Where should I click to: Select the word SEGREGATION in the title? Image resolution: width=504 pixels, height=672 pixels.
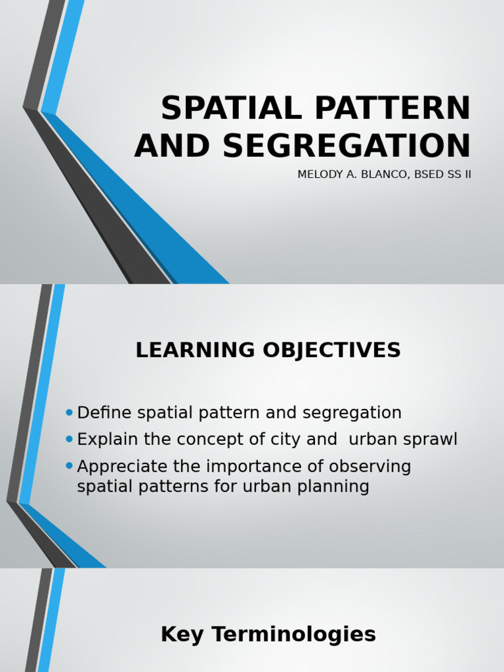click(347, 146)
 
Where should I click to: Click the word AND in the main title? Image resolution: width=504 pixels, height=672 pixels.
click(173, 146)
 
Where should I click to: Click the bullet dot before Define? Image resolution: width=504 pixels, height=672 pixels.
click(70, 412)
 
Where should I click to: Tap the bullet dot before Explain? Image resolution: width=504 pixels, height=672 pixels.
click(70, 439)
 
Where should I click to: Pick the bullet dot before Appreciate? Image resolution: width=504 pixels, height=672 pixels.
click(70, 466)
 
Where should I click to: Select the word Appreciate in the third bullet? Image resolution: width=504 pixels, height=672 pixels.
click(117, 467)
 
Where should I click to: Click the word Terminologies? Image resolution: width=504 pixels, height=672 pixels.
click(289, 635)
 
